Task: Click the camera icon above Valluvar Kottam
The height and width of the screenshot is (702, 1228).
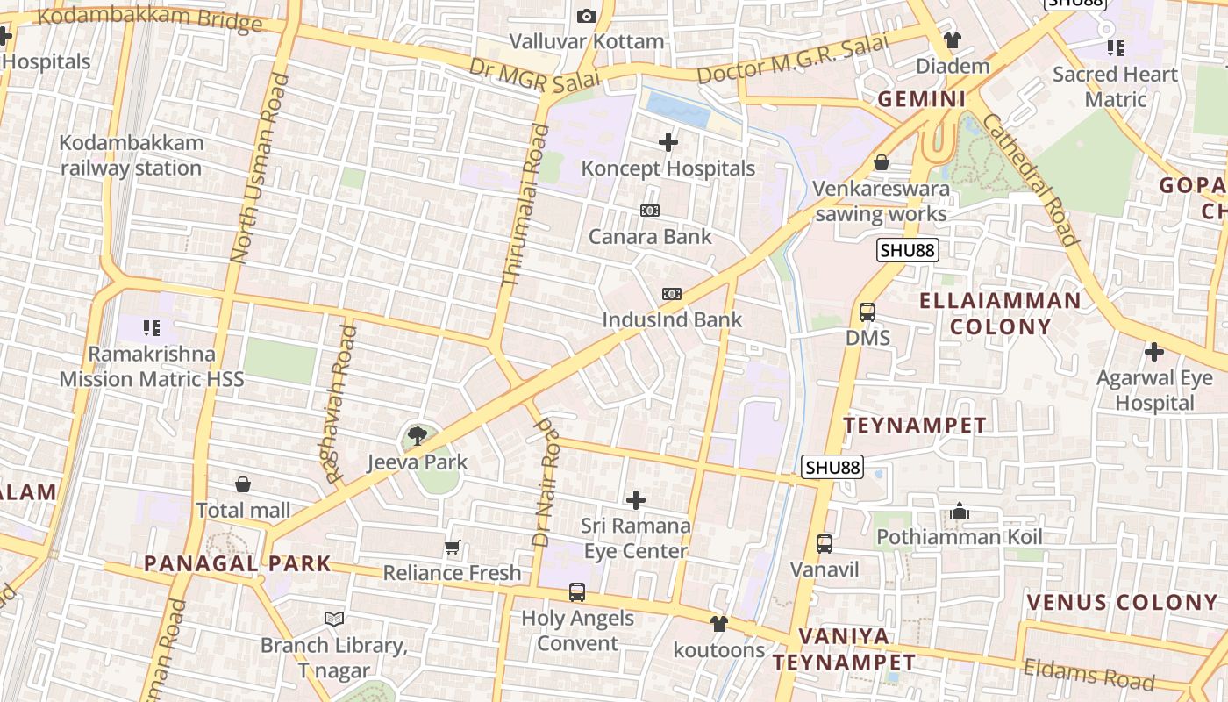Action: pyautogui.click(x=587, y=16)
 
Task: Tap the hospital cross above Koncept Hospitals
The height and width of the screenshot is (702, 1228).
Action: pyautogui.click(x=668, y=141)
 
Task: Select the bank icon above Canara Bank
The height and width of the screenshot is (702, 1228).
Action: pyautogui.click(x=650, y=211)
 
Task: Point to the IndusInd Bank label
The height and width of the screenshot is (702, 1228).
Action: pyautogui.click(x=672, y=319)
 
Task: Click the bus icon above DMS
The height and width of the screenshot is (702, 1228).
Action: pyautogui.click(x=867, y=312)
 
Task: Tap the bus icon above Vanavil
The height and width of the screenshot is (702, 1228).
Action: pyautogui.click(x=825, y=543)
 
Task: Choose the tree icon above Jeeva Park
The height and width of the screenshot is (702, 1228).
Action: pyautogui.click(x=418, y=434)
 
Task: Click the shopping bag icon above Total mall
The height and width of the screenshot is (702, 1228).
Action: pyautogui.click(x=243, y=484)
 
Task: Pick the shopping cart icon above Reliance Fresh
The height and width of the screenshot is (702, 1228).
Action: pyautogui.click(x=453, y=548)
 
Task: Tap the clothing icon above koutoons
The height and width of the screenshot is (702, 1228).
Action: pyautogui.click(x=719, y=624)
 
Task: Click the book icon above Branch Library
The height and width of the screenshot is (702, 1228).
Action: pyautogui.click(x=334, y=619)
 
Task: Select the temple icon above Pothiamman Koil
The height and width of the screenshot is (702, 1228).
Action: pyautogui.click(x=959, y=511)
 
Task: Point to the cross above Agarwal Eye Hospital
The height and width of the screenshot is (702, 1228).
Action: pyautogui.click(x=1154, y=352)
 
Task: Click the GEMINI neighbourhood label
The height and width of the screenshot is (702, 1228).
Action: pyautogui.click(x=922, y=99)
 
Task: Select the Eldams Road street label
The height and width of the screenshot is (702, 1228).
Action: pyautogui.click(x=1089, y=674)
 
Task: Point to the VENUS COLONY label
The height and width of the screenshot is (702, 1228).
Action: pyautogui.click(x=1122, y=603)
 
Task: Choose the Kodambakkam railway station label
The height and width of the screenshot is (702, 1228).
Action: pyautogui.click(x=132, y=155)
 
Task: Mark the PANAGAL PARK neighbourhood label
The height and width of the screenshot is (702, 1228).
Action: pyautogui.click(x=238, y=563)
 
